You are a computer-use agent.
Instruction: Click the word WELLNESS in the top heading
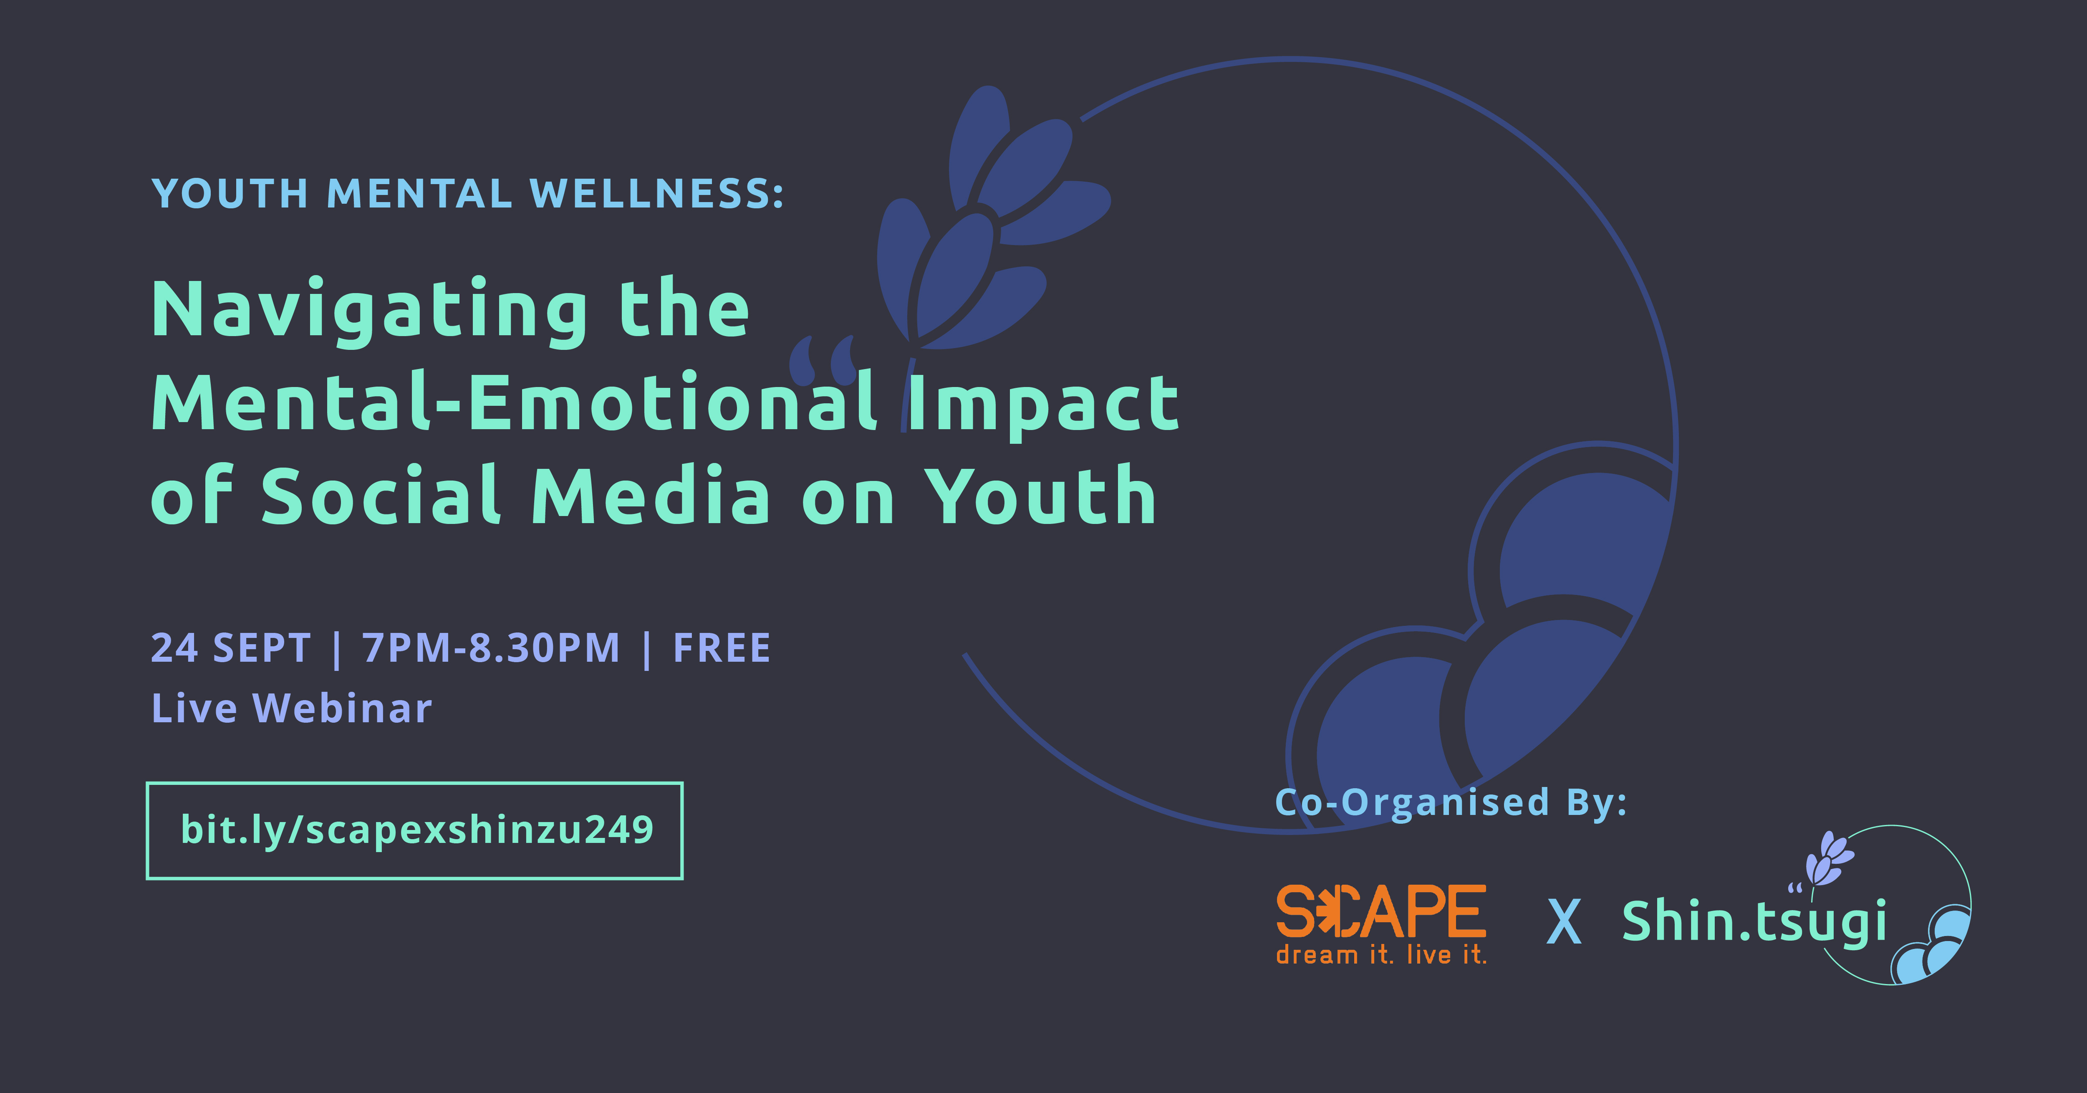coord(656,194)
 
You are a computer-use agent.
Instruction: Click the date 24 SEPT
coord(231,648)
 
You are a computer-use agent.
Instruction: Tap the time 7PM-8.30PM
coord(491,648)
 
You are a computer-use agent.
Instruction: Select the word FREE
coord(722,648)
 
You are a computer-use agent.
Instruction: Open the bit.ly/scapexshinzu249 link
coord(416,830)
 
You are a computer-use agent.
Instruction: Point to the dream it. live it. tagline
coord(1381,954)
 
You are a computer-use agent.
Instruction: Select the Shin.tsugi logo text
coord(1754,922)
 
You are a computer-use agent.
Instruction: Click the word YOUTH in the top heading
coord(230,194)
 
